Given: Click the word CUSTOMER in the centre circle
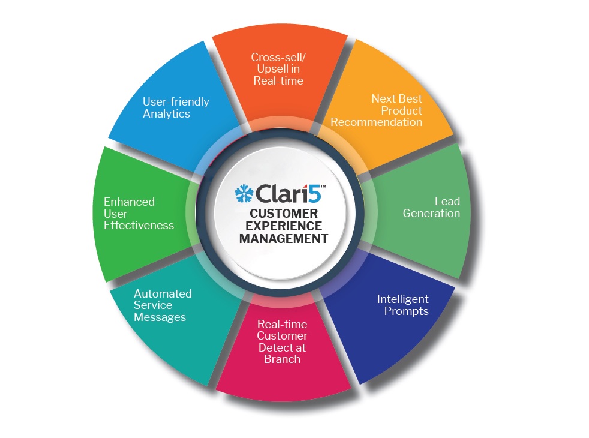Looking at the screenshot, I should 284,214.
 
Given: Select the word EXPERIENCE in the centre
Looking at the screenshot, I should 284,226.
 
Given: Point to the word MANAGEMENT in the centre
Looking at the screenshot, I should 284,238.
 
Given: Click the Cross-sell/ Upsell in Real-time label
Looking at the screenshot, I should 278,69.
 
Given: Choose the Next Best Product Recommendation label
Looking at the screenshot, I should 377,110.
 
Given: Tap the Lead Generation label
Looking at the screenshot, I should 431,208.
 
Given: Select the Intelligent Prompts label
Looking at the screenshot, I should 402,305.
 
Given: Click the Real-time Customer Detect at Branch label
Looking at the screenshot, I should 282,341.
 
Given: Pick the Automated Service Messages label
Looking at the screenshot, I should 162,305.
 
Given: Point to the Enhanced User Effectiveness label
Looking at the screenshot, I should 139,214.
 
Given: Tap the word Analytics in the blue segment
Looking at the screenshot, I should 166,114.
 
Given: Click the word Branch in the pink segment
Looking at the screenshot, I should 282,359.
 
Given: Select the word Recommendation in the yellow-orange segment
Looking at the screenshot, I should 377,122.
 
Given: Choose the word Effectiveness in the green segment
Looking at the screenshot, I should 139,226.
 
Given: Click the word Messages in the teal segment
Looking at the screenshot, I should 160,317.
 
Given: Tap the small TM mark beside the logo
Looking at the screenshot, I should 323,187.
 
